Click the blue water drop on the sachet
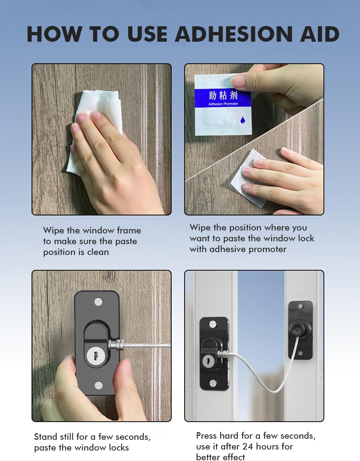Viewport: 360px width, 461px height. [243, 120]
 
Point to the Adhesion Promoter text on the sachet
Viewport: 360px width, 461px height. [223, 104]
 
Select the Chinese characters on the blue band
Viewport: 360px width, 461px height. [223, 95]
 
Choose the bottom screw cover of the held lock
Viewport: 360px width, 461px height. [99, 385]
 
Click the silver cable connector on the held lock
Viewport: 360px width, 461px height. [116, 345]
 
